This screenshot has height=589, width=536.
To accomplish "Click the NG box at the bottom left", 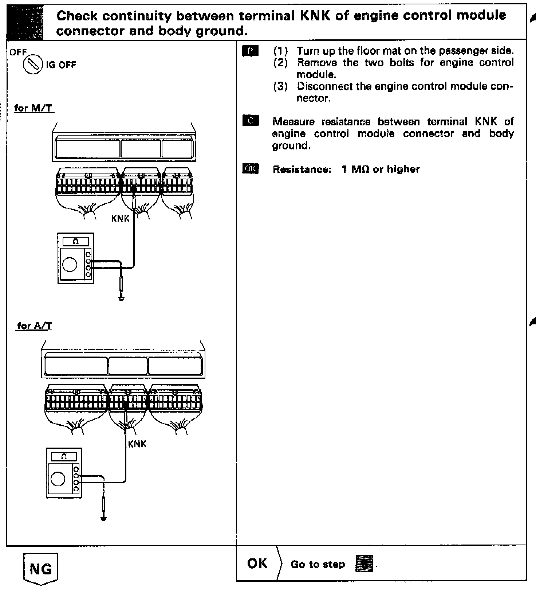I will tap(40, 569).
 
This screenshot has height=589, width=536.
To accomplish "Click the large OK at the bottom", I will tap(257, 563).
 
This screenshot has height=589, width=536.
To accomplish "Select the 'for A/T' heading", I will tap(35, 325).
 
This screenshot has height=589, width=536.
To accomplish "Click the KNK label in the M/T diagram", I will tap(121, 219).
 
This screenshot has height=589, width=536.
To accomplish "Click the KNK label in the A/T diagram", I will tap(137, 444).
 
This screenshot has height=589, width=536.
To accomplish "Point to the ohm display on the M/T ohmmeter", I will tap(76, 242).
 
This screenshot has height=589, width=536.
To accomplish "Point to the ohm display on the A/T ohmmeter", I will tap(64, 456).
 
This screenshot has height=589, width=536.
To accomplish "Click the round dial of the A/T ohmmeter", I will tap(58, 479).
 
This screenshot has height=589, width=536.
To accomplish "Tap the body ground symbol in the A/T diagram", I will tap(104, 519).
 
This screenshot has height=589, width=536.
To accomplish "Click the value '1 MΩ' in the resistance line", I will tap(355, 169).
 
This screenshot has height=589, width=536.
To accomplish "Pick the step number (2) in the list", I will tap(280, 63).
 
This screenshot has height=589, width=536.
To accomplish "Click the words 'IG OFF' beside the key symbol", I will tap(61, 65).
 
